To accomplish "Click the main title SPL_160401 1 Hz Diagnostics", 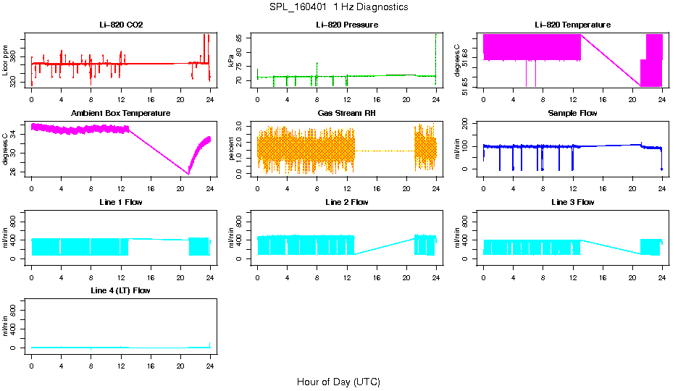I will [338, 7].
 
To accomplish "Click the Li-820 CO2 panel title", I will [120, 25].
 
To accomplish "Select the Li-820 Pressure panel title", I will [346, 25].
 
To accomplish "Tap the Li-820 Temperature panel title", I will [572, 25].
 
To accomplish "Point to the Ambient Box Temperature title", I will [120, 113].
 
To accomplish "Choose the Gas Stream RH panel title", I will [346, 113].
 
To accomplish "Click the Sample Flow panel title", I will [572, 113].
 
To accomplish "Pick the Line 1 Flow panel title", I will [120, 202].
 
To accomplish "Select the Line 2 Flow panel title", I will [346, 202].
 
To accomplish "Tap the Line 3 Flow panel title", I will [572, 202].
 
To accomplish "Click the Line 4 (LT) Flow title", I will [120, 290].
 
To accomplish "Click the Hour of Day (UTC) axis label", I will [338, 382].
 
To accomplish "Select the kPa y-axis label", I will [232, 60].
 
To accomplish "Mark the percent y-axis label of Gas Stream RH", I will [232, 148].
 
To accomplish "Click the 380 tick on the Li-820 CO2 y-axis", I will [15, 56].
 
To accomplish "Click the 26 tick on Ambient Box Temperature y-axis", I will [15, 172].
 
